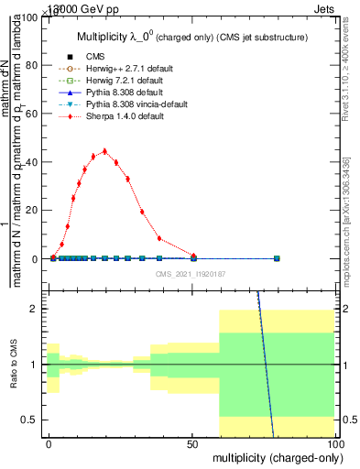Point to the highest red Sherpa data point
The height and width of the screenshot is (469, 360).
click(x=105, y=151)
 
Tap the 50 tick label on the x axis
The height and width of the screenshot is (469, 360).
click(x=192, y=443)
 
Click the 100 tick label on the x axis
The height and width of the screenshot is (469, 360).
click(x=335, y=443)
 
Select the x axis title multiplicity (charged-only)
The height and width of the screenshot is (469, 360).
click(x=275, y=456)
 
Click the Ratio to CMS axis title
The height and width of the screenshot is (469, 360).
click(x=14, y=364)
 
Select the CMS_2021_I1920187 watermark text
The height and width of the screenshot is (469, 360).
click(x=190, y=273)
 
